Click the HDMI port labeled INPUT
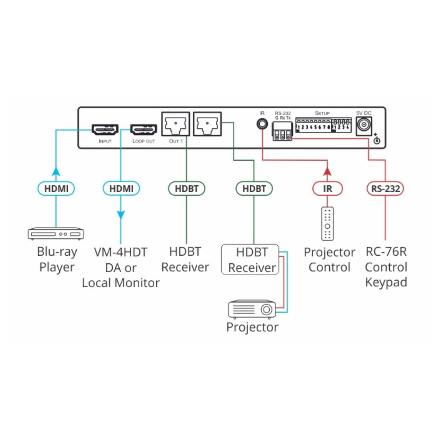click(105, 130)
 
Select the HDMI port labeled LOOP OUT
click(144, 130)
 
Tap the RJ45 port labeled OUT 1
click(175, 124)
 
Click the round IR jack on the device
click(262, 124)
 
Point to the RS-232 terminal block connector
click(282, 131)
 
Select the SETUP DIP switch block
click(323, 125)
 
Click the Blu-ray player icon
click(56, 234)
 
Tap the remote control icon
click(327, 224)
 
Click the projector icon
click(252, 309)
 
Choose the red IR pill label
click(327, 189)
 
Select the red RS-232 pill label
click(385, 189)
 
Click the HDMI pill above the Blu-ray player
click(56, 189)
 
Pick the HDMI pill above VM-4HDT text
click(121, 189)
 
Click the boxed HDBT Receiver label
click(250, 259)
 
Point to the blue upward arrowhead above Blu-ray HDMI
click(56, 171)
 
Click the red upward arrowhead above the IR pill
click(327, 171)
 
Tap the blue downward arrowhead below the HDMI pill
click(121, 215)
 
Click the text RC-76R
click(386, 252)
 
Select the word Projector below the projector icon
click(252, 327)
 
